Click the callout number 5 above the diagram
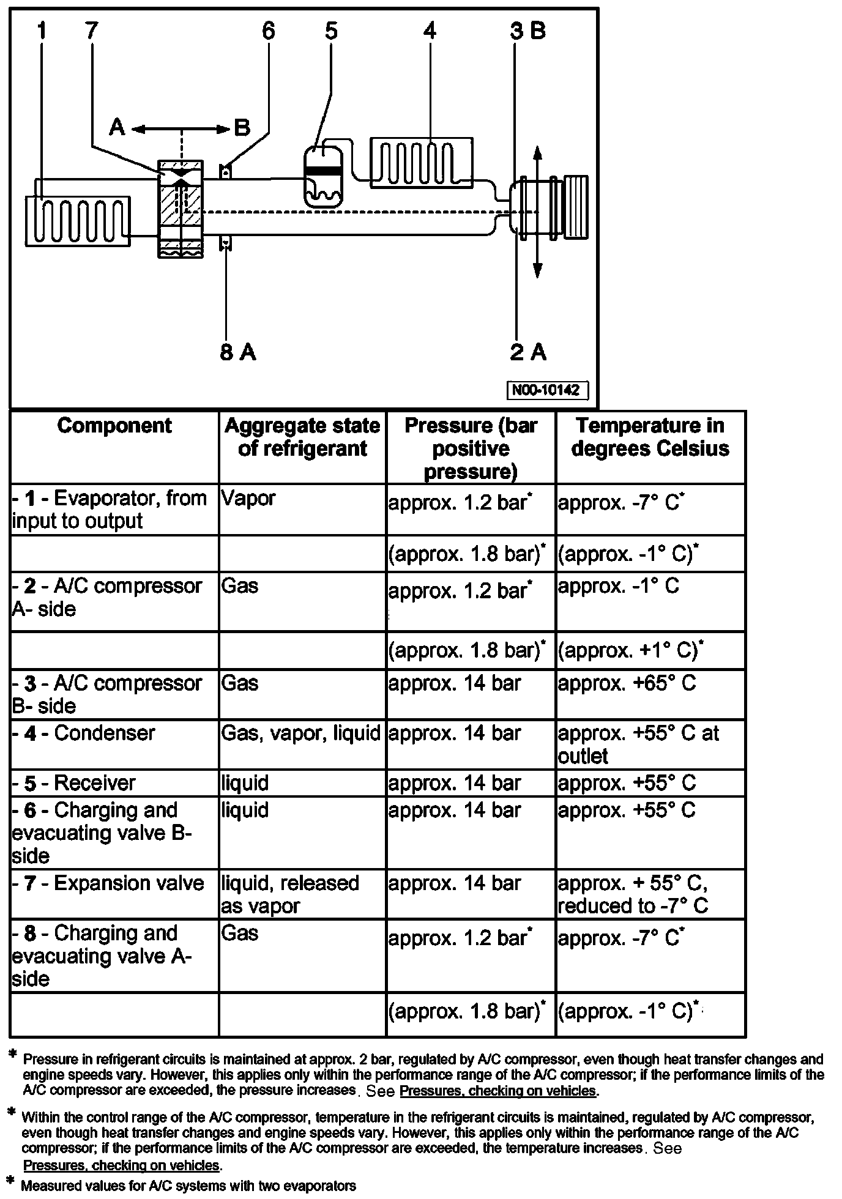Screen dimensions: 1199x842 [331, 30]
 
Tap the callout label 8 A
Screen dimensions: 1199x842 [238, 352]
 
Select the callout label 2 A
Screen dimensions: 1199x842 [528, 352]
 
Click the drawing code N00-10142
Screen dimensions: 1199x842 [546, 390]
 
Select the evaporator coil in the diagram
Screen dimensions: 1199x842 [78, 220]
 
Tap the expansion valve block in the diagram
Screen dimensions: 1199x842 [181, 208]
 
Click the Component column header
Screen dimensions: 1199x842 [114, 426]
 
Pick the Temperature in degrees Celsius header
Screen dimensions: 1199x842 [650, 437]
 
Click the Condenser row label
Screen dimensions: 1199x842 [84, 733]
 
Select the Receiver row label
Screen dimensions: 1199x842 [74, 783]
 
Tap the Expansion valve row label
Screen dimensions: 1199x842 [108, 883]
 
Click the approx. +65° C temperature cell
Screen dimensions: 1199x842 [627, 683]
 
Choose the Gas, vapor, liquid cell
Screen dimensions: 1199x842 [301, 733]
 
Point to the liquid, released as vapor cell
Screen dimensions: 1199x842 [290, 894]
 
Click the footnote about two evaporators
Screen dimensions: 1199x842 [188, 1186]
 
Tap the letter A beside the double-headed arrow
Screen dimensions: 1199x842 [117, 127]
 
